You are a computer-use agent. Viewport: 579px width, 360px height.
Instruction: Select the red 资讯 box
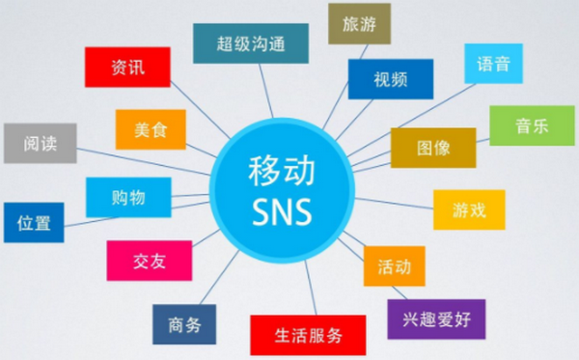tap(128, 68)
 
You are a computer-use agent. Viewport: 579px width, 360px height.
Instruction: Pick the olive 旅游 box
tap(359, 22)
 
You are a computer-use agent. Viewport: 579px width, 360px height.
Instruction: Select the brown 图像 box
tap(433, 148)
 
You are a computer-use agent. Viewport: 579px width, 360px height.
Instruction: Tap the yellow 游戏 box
tap(469, 209)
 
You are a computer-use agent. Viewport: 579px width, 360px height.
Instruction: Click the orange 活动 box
tap(395, 265)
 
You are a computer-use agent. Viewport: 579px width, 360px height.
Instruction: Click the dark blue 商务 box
tap(184, 324)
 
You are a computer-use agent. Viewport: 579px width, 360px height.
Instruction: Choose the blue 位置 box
tap(34, 222)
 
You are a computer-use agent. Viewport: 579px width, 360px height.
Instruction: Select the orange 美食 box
tap(151, 129)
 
